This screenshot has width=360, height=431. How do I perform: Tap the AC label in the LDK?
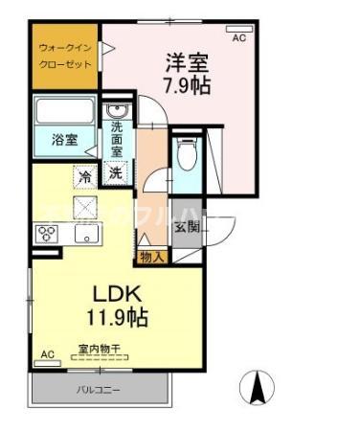pos(46,355)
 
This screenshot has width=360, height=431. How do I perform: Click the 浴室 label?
pos(66,140)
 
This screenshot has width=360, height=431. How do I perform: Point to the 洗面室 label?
pos(116,138)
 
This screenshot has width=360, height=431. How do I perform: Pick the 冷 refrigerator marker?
pos(86,175)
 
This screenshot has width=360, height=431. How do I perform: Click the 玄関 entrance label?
pos(187,227)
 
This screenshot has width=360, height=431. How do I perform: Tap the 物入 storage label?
pos(151,256)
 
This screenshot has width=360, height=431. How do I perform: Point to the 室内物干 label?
pos(100,351)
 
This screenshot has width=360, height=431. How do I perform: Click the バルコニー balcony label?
pos(100,390)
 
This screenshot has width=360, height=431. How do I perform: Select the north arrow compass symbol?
pos(259,388)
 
